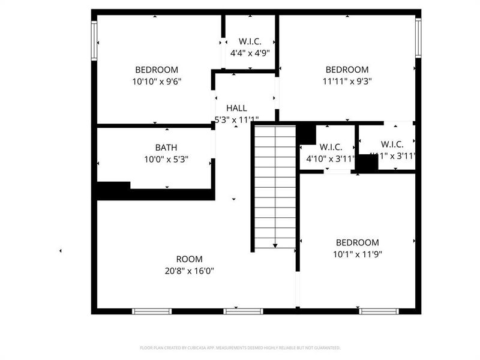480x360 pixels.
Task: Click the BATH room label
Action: coord(166,148)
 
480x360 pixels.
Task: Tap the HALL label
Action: coord(236,108)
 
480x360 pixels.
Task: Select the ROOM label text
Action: coord(189,259)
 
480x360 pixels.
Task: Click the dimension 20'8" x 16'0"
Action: coord(189,271)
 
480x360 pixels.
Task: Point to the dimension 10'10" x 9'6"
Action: coord(157,81)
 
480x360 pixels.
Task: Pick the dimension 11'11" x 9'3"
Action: coord(347,81)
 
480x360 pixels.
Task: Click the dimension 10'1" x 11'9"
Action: coord(357,254)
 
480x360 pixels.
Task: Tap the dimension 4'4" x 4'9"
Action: coord(250,53)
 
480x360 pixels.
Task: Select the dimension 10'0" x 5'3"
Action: coord(166,159)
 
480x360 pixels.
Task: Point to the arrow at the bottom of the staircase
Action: coord(275,245)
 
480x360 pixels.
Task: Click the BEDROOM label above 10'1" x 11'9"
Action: coord(357,242)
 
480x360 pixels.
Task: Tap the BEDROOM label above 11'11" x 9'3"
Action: coord(347,70)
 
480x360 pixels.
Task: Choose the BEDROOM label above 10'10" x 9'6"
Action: coord(157,70)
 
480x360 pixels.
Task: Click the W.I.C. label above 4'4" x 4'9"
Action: coord(250,41)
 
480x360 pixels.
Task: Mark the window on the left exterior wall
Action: coord(94,40)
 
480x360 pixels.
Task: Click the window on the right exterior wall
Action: coord(418,38)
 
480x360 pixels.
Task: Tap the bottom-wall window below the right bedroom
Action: coord(379,311)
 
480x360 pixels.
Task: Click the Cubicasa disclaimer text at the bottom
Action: coord(240,347)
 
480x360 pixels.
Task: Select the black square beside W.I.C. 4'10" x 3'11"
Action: coord(306,133)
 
